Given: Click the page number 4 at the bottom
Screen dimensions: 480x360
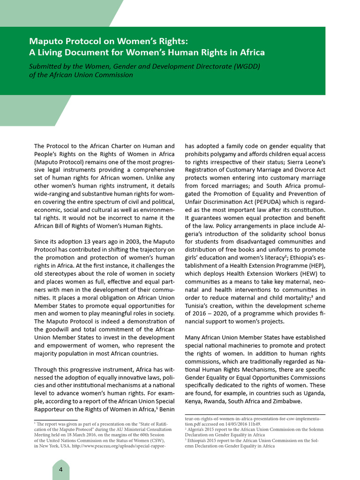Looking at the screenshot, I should [60, 470].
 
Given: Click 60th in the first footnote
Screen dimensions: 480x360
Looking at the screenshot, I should [139, 435].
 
